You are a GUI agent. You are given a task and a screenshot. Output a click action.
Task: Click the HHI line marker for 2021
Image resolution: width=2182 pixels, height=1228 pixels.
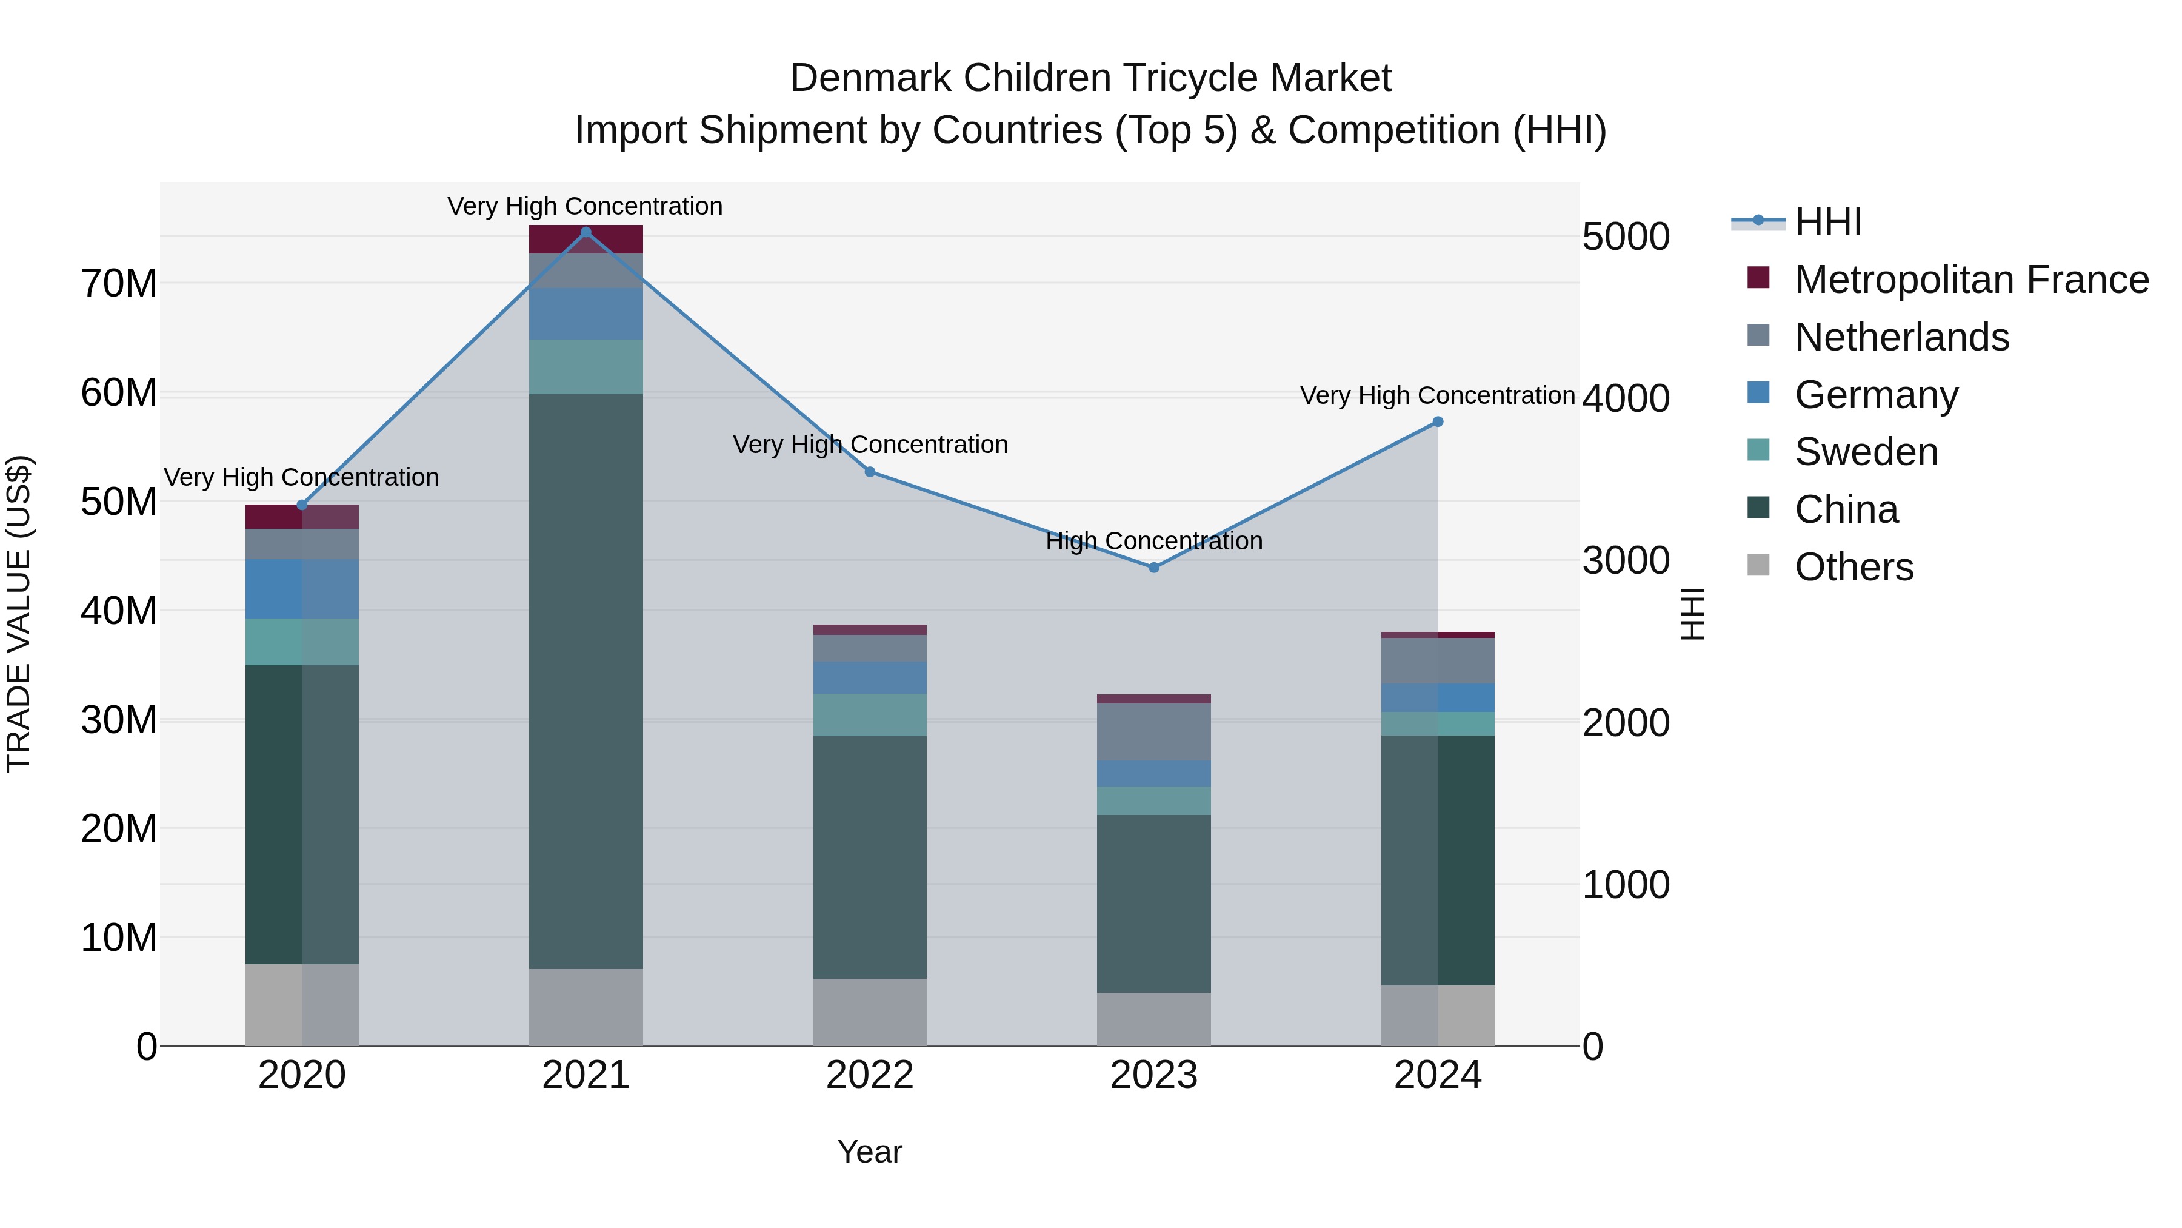(x=586, y=232)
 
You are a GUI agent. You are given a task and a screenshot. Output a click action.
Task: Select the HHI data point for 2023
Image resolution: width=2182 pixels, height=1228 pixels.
(x=1153, y=568)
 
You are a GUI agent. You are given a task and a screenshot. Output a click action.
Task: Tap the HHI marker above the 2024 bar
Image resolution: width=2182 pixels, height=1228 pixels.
(x=1438, y=422)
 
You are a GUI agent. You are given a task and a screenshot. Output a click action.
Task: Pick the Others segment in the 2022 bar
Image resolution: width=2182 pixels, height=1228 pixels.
(x=870, y=1012)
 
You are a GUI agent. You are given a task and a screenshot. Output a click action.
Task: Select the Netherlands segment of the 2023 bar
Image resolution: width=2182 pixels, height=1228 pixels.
(x=1153, y=732)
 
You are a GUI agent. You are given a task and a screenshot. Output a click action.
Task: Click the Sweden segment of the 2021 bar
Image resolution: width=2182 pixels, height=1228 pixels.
(x=586, y=367)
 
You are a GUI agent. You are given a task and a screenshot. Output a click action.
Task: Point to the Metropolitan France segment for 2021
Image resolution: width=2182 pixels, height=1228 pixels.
(x=586, y=240)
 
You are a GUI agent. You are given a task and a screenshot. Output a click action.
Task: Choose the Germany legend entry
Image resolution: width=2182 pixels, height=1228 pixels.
(x=1875, y=395)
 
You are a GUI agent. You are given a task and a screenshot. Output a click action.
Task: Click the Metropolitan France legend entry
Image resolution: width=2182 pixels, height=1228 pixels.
(x=1970, y=280)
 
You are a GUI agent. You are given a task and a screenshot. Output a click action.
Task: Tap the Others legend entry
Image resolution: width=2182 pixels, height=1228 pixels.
(x=1853, y=567)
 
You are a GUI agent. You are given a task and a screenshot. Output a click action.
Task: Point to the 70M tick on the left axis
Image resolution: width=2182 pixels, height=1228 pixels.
(x=119, y=284)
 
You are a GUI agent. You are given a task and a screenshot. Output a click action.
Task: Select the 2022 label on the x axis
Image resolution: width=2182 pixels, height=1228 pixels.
(x=870, y=1075)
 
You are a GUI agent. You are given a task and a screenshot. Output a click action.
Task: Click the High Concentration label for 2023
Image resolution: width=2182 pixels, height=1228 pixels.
(x=1153, y=541)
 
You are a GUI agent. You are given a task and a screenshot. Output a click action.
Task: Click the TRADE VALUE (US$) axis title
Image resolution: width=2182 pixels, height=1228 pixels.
(x=19, y=614)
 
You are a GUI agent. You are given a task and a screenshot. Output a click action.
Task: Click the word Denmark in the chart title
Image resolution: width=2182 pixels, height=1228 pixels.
(x=871, y=78)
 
